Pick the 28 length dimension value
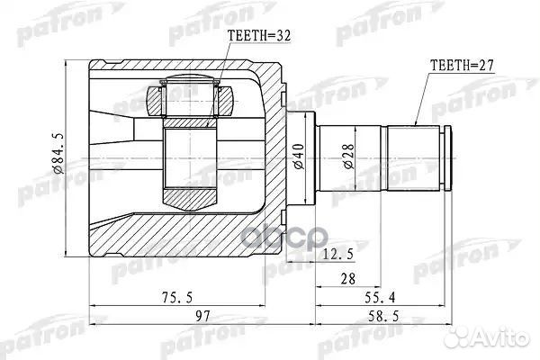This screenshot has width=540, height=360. (x=346, y=280)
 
